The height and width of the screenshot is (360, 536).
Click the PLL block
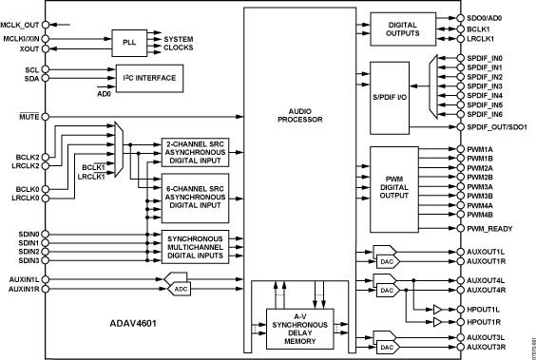point(126,43)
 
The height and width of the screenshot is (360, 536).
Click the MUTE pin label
point(29,116)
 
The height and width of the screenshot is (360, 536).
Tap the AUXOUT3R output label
point(490,348)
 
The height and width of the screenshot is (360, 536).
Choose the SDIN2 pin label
point(29,251)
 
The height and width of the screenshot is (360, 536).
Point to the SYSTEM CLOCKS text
point(173,43)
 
